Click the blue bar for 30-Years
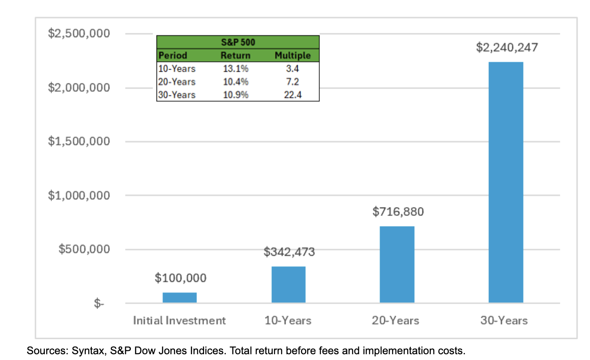[506, 182]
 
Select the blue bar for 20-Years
[397, 265]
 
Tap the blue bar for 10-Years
[288, 285]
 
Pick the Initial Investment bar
[180, 297]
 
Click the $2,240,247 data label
[507, 48]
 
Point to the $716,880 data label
[398, 212]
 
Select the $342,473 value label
[289, 252]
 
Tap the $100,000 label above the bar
[181, 278]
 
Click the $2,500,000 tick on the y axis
[79, 34]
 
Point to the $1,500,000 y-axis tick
[79, 142]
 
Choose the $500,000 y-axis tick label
[85, 249]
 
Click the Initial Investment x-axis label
[180, 320]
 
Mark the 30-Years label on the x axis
[504, 320]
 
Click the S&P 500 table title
[238, 43]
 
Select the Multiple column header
[293, 56]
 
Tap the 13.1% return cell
[236, 69]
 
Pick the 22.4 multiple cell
[293, 95]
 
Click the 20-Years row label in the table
[177, 82]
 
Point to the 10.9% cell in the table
[236, 95]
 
